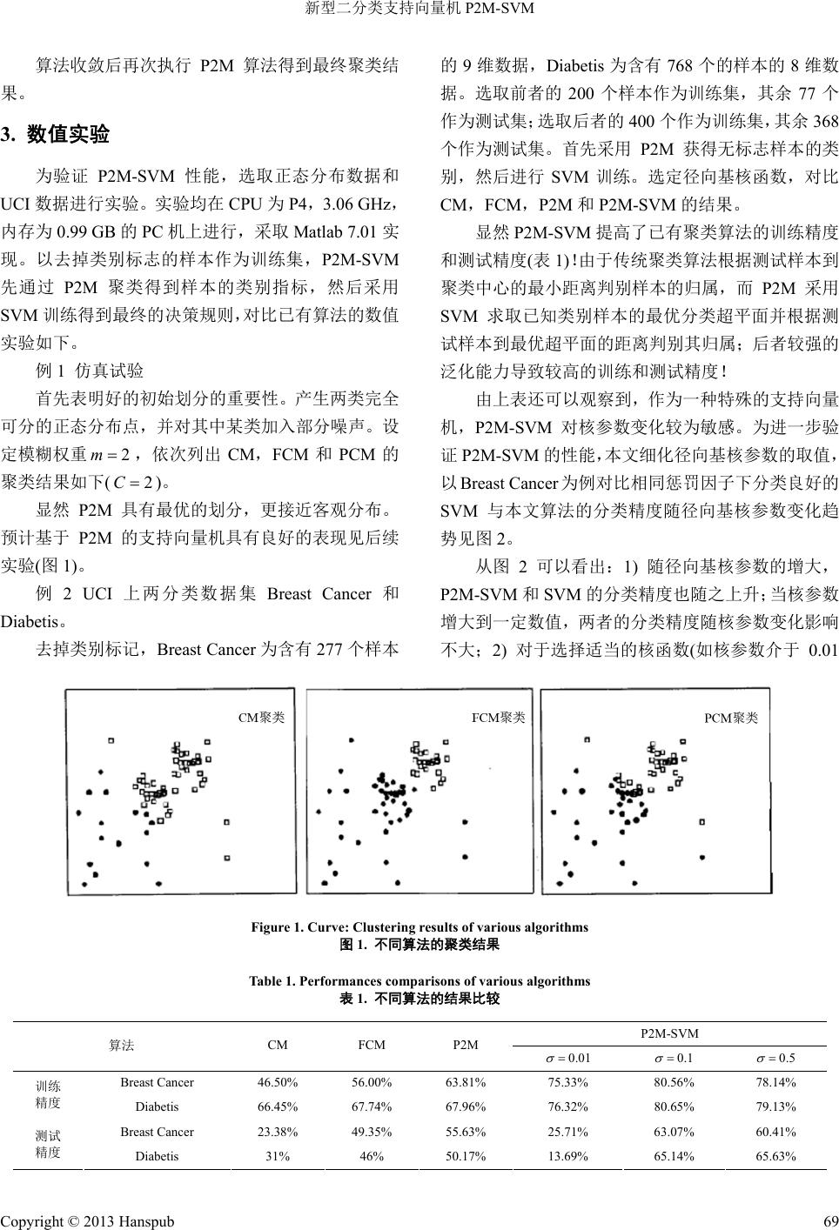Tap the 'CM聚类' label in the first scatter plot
point(261,718)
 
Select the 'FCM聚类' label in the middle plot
point(498,718)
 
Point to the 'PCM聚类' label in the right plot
point(731,718)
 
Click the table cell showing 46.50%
point(278,1082)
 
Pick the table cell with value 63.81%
point(466,1082)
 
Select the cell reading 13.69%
point(567,1156)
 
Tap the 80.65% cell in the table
point(674,1106)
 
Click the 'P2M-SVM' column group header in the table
point(669,1033)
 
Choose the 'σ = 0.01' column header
point(567,1058)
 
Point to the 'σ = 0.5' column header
point(775,1058)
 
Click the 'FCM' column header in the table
point(372,1045)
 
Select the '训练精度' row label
point(48,1094)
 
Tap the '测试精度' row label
point(48,1144)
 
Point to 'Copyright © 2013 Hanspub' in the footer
point(87,1220)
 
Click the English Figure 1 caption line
point(419,927)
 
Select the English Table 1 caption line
point(419,981)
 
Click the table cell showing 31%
point(278,1156)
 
